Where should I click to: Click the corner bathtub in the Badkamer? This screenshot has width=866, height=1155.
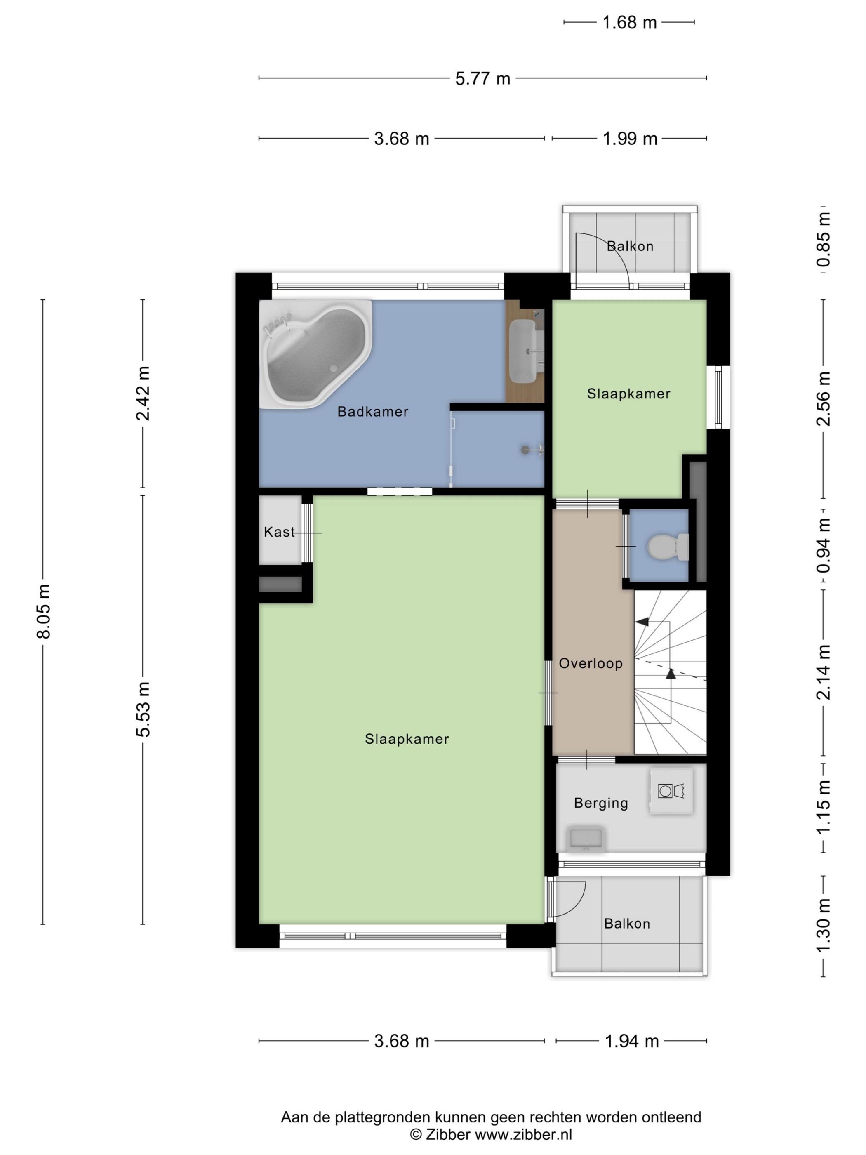tap(315, 354)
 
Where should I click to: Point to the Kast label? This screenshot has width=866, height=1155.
tap(279, 532)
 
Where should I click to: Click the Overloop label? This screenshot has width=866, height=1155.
tap(591, 664)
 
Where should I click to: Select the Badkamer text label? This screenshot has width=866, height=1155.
tap(373, 411)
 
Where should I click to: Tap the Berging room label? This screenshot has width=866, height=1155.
tap(601, 803)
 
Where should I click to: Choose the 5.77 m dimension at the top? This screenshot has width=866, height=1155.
tap(482, 78)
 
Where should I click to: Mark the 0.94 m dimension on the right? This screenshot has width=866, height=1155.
tap(823, 545)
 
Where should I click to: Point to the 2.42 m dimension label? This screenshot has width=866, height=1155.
tap(143, 393)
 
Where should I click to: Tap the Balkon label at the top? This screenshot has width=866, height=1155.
tap(630, 246)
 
